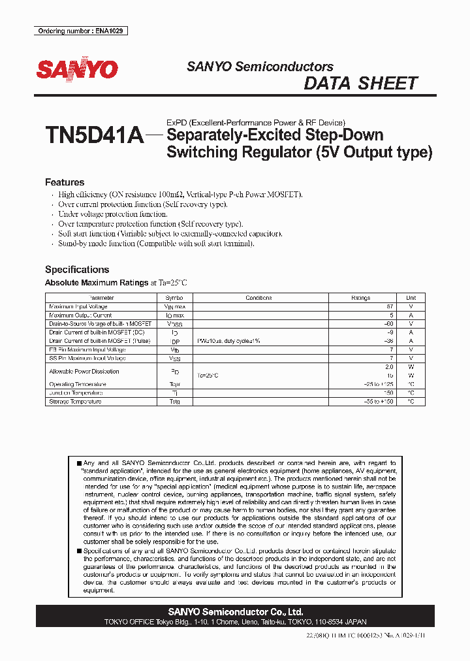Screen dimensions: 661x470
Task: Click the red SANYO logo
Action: pos(76,70)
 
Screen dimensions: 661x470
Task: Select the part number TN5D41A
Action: pos(94,136)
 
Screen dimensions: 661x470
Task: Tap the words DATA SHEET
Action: pos(360,84)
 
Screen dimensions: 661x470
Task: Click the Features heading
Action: pos(65,182)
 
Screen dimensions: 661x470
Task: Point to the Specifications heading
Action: pos(76,269)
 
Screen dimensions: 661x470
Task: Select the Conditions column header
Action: pos(258,298)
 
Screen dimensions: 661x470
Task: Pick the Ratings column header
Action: pos(360,298)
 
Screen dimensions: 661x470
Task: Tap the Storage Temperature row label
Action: pos(75,402)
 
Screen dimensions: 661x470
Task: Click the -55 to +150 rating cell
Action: pos(379,402)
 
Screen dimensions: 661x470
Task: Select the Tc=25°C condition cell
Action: pos(208,376)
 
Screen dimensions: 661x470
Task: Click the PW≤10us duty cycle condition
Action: pos(228,341)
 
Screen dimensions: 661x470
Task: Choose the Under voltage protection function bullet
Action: pos(113,214)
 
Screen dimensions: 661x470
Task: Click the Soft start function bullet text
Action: pos(170,234)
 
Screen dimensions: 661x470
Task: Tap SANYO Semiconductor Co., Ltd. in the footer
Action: pos(235,612)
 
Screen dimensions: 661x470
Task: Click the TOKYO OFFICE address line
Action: pos(235,622)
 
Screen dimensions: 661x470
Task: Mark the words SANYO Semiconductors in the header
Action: pos(260,67)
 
